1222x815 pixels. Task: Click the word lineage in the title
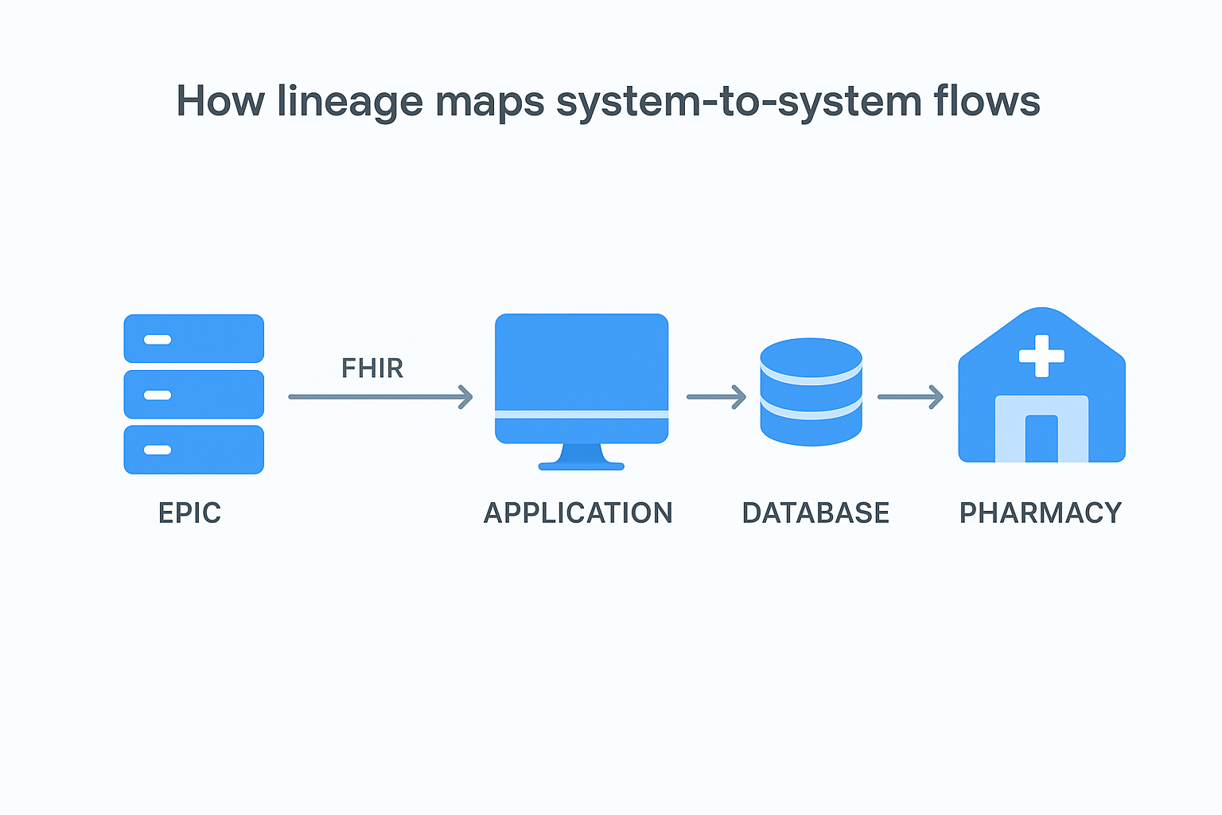coord(349,102)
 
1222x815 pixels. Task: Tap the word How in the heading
coord(220,101)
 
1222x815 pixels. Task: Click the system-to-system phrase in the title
coord(737,102)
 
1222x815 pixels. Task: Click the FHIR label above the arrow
coord(372,369)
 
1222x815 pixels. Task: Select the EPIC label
coord(189,513)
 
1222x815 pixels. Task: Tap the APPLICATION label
coord(578,513)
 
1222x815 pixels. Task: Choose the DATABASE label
coord(815,513)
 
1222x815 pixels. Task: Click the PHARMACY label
coord(1041,513)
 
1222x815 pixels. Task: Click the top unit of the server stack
coord(193,339)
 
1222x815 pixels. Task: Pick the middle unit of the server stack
coord(193,395)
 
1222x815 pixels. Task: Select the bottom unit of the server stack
coord(193,450)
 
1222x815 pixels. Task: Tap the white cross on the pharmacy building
coord(1041,356)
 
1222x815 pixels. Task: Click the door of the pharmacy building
coord(1041,439)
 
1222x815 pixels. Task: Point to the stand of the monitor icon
coord(582,458)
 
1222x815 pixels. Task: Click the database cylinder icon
coord(811,392)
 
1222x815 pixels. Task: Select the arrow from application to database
coord(716,396)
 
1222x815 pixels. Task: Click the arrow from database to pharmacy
coord(910,396)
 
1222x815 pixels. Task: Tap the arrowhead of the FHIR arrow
coord(466,396)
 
